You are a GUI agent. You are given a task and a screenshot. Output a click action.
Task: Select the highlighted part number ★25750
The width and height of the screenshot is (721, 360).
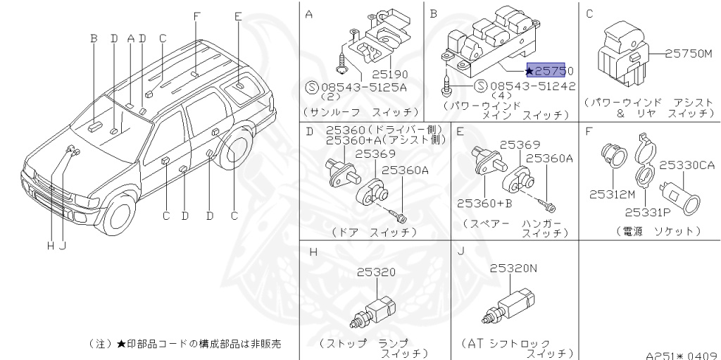[549, 71]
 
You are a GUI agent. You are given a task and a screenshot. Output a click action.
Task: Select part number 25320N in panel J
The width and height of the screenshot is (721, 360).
[513, 268]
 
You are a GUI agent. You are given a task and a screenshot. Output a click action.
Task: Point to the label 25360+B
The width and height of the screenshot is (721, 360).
[482, 203]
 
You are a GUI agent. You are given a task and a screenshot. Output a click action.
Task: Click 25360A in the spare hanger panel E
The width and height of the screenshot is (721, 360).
[549, 159]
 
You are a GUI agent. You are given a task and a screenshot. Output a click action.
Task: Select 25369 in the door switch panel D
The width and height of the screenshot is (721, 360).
[374, 154]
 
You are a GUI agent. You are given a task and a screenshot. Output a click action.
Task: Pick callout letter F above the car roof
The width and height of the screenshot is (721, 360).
[196, 15]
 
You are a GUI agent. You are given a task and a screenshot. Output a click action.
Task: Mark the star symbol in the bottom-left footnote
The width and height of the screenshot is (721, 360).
[120, 343]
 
